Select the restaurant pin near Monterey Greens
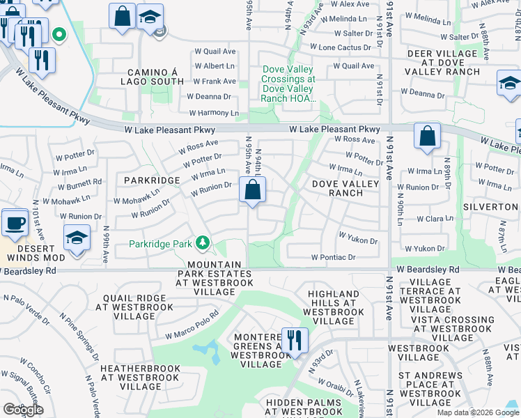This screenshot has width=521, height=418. coord(295,341)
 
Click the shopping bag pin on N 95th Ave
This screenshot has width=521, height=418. coord(252,189)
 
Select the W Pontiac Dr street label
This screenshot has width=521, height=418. coord(334,257)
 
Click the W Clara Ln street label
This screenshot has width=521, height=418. coord(435,219)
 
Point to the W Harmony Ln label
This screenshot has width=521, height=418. coord(214,113)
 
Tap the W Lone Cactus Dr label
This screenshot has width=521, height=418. coord(342,47)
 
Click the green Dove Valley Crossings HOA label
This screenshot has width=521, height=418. coord(288,84)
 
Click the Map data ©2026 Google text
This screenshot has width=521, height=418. coord(477,412)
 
